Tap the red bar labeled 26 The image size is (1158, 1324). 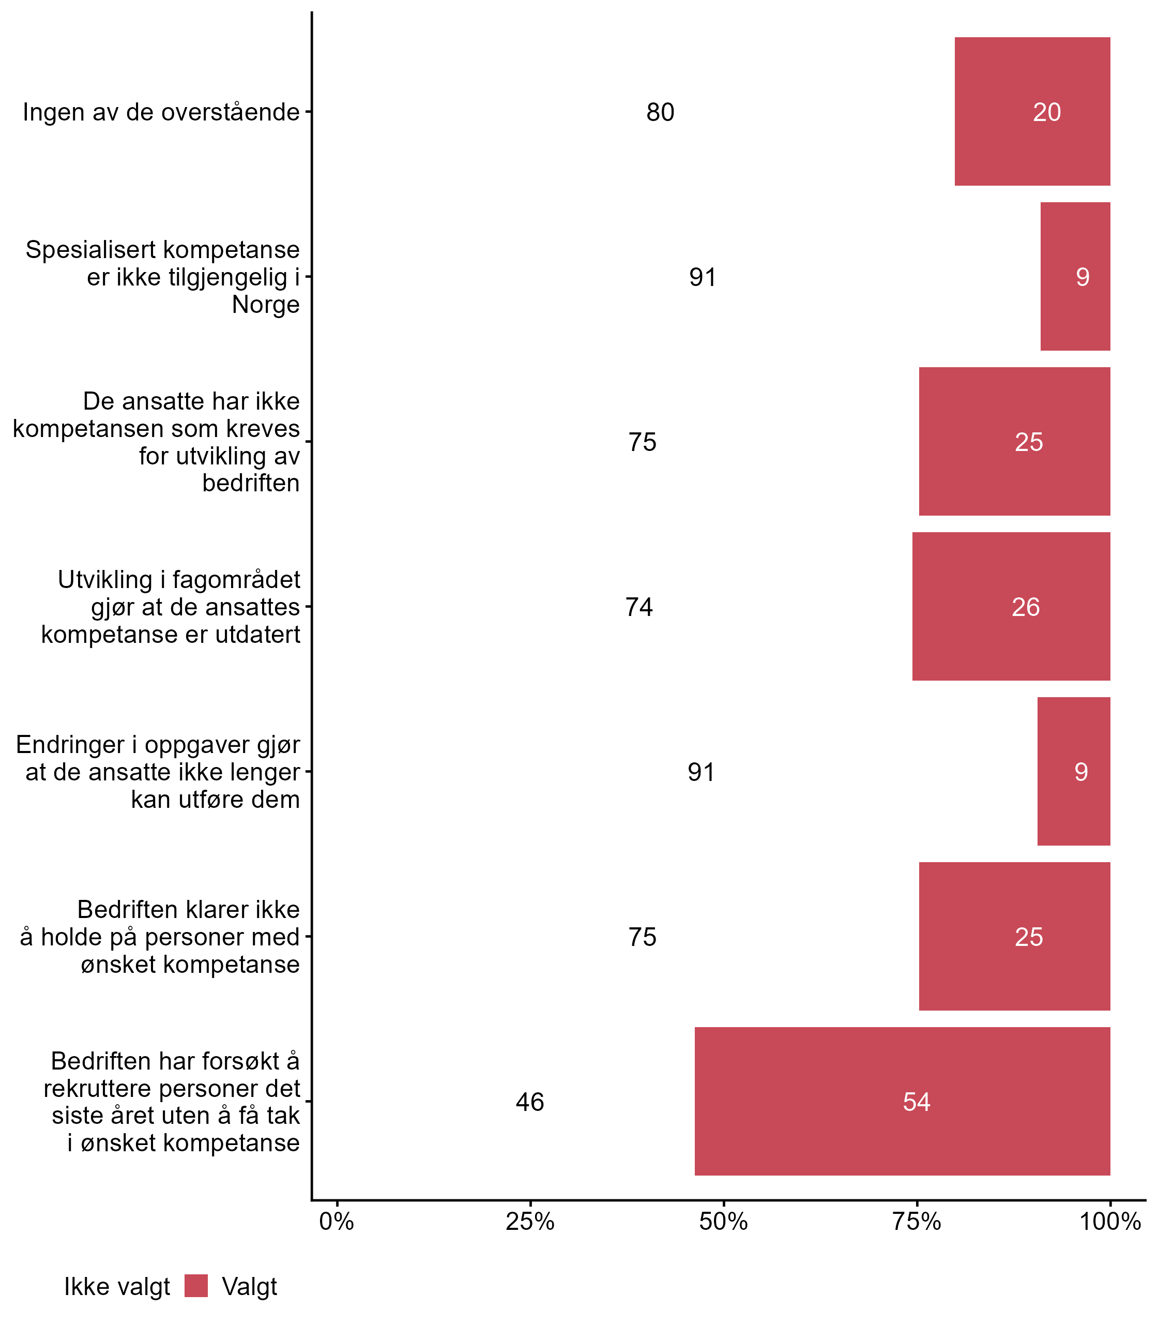[x=1011, y=606]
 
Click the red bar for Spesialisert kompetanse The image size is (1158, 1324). [x=1075, y=277]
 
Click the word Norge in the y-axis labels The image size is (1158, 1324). [x=266, y=305]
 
